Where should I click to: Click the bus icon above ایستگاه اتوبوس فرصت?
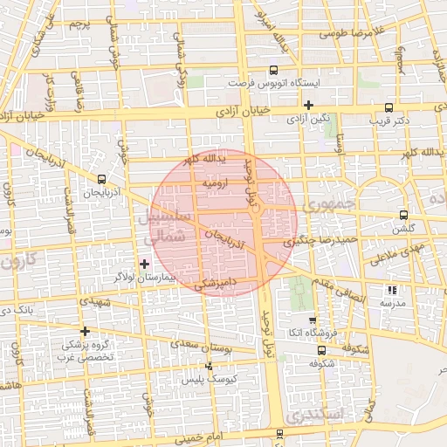point(274,70)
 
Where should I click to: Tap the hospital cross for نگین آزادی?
point(309,106)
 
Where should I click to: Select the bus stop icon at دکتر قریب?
point(389,110)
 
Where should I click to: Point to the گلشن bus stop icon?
point(402,215)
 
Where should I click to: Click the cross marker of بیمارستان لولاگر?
point(144,264)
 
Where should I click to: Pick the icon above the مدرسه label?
point(392,290)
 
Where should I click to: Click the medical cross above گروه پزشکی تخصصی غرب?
point(85,331)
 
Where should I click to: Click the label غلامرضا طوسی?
point(352,34)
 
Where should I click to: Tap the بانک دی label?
point(18,310)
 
